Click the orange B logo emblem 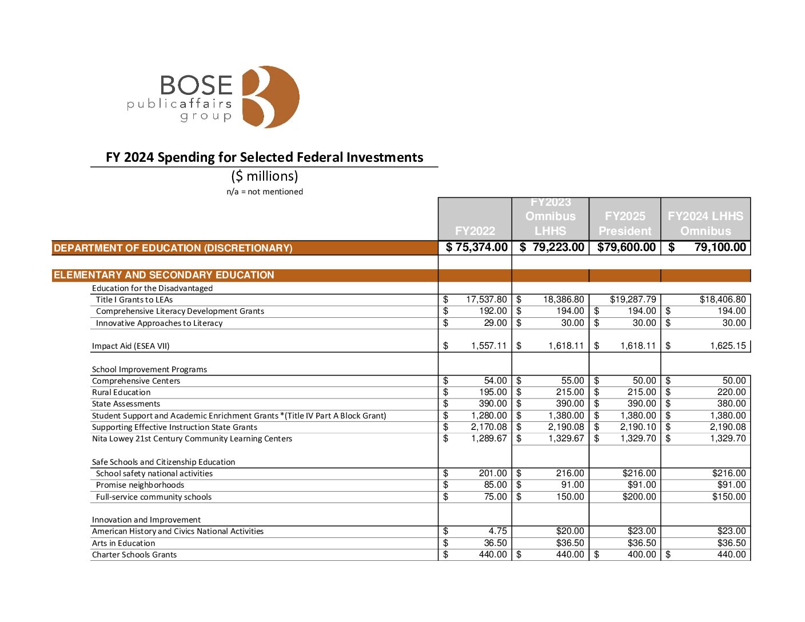tap(270, 97)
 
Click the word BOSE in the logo tap(196, 86)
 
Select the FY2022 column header tap(475, 230)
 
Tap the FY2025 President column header tap(625, 224)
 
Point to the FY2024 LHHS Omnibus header tap(706, 224)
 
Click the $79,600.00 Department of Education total tap(626, 247)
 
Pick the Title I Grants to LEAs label tap(134, 300)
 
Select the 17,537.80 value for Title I tap(486, 300)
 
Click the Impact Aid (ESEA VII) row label tap(131, 346)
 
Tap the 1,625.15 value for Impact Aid tap(728, 346)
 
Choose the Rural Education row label tap(121, 392)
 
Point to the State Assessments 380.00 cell tap(731, 404)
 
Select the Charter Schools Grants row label tap(134, 555)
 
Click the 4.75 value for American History tap(497, 531)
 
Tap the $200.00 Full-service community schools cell tap(639, 497)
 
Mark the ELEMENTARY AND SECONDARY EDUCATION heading tap(164, 275)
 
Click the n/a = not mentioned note tap(265, 192)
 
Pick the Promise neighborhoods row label tap(140, 485)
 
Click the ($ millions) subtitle tap(265, 176)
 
